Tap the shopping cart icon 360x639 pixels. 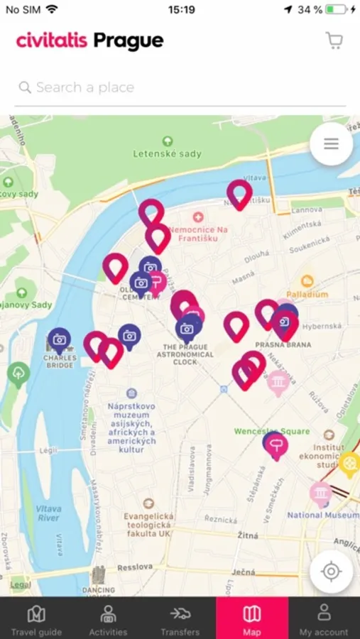[x=334, y=40]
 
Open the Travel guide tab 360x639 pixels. [x=36, y=619]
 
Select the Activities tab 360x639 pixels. [x=109, y=619]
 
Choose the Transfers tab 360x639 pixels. [x=180, y=619]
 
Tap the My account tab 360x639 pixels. [x=324, y=619]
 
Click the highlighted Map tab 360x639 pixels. [x=252, y=619]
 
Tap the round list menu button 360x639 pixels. [x=331, y=144]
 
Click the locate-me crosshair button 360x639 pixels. [x=331, y=572]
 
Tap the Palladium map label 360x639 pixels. [x=307, y=293]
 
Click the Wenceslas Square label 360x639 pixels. [x=272, y=431]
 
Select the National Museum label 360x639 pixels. [x=323, y=515]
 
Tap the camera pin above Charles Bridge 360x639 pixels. [x=60, y=341]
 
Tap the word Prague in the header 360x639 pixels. [x=129, y=41]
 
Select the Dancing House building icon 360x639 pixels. [x=99, y=575]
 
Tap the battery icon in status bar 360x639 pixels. [x=337, y=10]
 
